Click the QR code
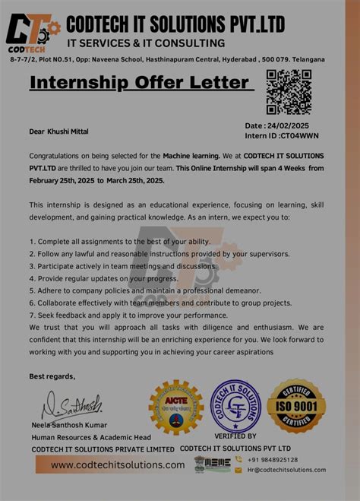[289, 91]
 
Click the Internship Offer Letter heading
[140, 82]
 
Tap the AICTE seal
[175, 407]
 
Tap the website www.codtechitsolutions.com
[118, 465]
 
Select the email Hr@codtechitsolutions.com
[286, 470]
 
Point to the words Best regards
[52, 376]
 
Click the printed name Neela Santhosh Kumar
[69, 425]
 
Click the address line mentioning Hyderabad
[167, 59]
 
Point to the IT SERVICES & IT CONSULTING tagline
[146, 43]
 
